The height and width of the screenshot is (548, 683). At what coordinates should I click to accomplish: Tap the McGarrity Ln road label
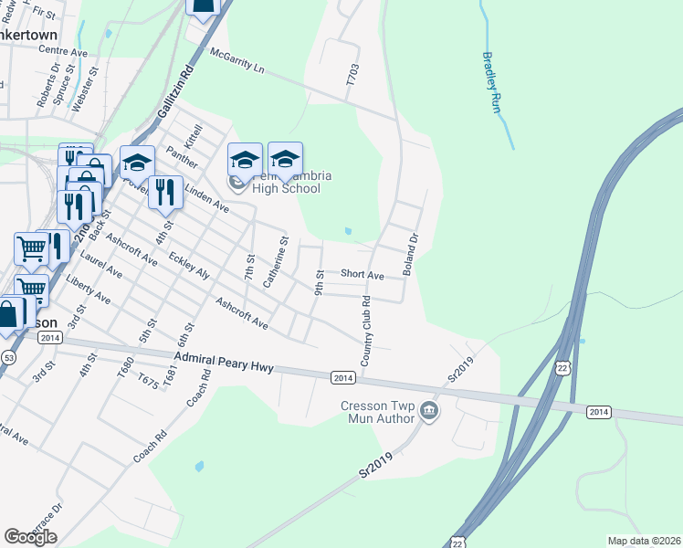pyautogui.click(x=236, y=63)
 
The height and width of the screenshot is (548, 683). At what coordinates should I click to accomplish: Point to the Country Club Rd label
pyautogui.click(x=365, y=332)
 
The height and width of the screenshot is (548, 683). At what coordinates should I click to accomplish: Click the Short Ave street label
pyautogui.click(x=362, y=274)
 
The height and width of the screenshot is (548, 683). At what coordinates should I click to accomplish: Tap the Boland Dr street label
pyautogui.click(x=411, y=255)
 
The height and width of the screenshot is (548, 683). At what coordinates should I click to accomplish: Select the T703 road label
pyautogui.click(x=352, y=75)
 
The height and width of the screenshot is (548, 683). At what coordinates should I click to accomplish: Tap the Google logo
pyautogui.click(x=30, y=536)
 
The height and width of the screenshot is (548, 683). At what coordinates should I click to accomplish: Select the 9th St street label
pyautogui.click(x=319, y=282)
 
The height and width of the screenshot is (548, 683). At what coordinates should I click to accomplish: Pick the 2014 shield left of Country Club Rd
pyautogui.click(x=342, y=378)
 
